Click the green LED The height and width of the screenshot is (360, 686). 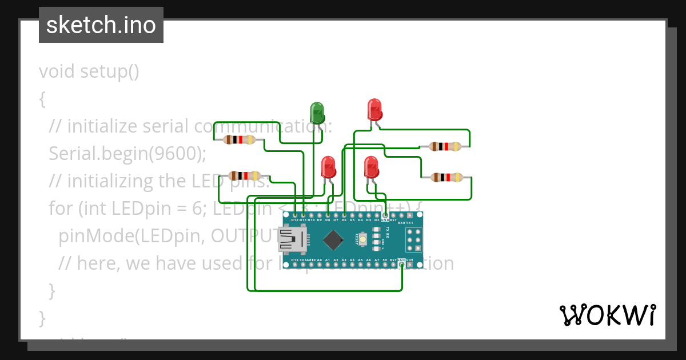click(317, 111)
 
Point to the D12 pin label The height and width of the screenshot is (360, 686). click(295, 220)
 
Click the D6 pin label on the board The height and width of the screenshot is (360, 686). click(344, 220)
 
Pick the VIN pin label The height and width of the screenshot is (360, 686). click(410, 260)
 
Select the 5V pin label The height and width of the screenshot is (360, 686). click(385, 260)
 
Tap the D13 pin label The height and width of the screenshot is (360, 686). click(295, 260)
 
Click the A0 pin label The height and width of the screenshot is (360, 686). click(319, 260)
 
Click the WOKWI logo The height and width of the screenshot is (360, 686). click(607, 314)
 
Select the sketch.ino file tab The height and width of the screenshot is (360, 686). click(101, 25)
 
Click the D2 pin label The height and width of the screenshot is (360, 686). click(377, 220)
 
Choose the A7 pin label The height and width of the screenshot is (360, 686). click(377, 260)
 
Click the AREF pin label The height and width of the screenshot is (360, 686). click(311, 260)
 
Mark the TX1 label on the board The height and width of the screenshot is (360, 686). click(409, 223)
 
